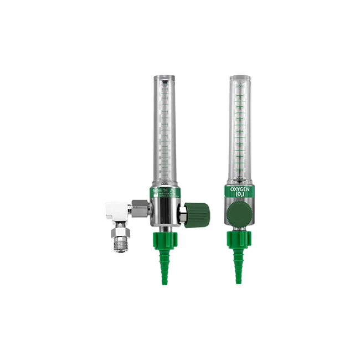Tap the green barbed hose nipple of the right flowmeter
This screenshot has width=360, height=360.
(x=239, y=266)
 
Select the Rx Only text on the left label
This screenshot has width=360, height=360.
(x=157, y=189)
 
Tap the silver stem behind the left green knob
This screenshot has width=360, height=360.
(x=182, y=213)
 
